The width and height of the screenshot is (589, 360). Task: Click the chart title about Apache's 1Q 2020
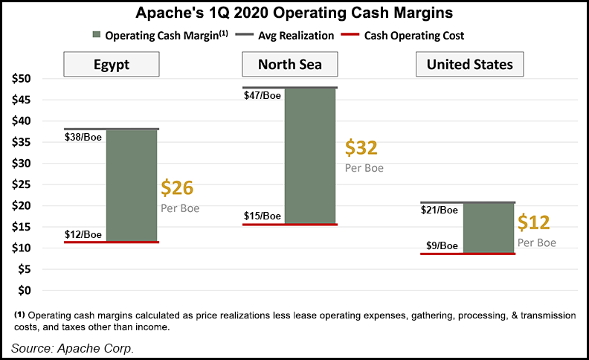coord(294,13)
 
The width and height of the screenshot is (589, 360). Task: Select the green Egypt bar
coord(132,185)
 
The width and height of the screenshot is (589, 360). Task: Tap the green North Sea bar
coord(310,155)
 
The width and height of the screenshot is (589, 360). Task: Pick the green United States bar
coord(489,228)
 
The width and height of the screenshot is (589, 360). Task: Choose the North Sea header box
coord(289,64)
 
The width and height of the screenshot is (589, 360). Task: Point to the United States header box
coord(469,64)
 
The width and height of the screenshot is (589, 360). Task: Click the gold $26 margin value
coord(177,188)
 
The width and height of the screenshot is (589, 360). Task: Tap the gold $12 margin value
coord(534,222)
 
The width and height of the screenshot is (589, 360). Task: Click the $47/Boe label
coord(263,96)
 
